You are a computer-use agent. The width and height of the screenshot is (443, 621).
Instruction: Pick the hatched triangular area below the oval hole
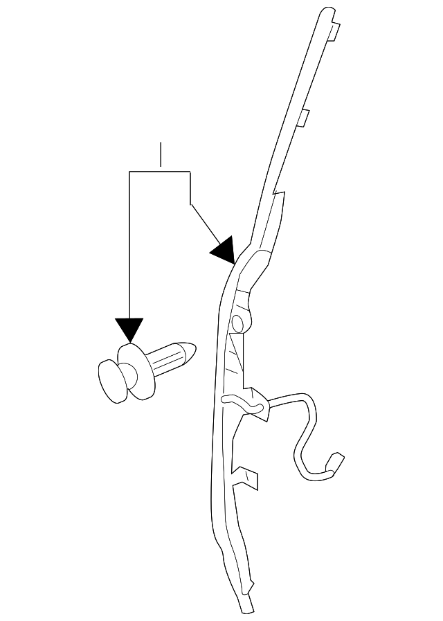[237, 353]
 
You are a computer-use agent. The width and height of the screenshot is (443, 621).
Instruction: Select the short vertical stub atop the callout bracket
[160, 156]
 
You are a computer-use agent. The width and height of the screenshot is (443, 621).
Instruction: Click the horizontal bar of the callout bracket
[160, 170]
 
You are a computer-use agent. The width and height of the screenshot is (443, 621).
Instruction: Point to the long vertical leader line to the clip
[130, 242]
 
